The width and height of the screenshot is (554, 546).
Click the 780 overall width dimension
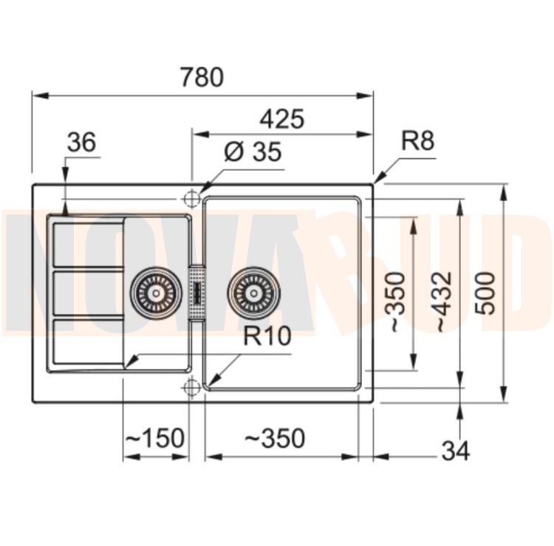[x=202, y=77]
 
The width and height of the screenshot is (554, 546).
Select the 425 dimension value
[x=281, y=119]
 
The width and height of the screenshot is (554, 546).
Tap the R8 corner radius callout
[x=417, y=140]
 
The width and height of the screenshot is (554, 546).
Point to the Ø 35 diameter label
[x=253, y=152]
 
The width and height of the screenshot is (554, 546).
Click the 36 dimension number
[x=81, y=142]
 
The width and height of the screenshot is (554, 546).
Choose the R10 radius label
[x=267, y=335]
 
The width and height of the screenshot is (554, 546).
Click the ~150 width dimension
[x=155, y=438]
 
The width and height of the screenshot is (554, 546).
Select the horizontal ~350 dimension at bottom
[x=275, y=438]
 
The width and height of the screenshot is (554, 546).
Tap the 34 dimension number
[x=456, y=451]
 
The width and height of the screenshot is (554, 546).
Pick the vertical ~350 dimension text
[x=397, y=302]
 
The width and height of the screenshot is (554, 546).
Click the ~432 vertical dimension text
[x=442, y=302]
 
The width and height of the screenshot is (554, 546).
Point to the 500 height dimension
[x=485, y=293]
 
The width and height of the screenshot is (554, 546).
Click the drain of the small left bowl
[x=156, y=293]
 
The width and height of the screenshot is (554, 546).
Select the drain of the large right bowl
[x=253, y=293]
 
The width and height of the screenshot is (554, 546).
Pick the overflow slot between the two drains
[x=197, y=293]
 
